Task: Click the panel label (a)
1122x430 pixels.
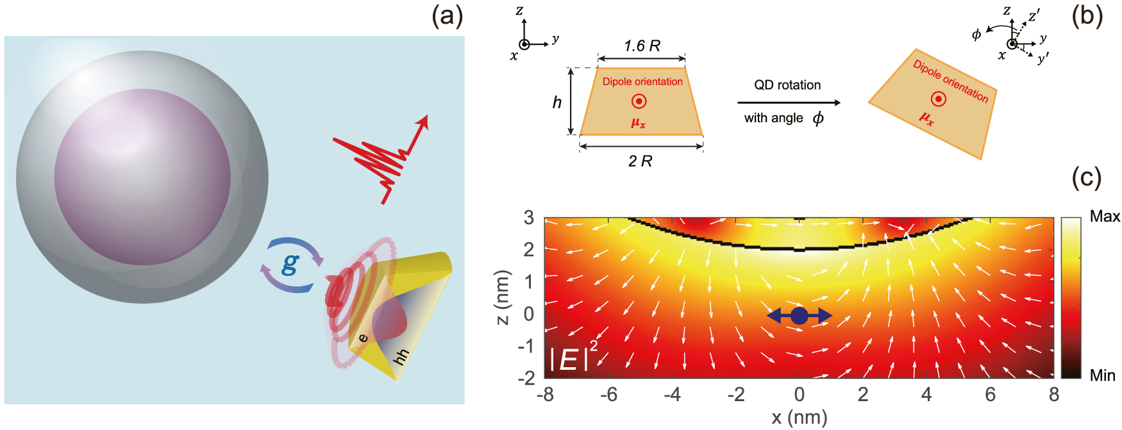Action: coord(447,16)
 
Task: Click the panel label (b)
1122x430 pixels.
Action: coord(1087,16)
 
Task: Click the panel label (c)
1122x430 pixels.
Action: coord(1086,178)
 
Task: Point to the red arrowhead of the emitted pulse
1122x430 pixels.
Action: coord(422,122)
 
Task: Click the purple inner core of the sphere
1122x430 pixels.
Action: coord(142,177)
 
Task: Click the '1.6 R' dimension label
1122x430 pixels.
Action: coord(642,45)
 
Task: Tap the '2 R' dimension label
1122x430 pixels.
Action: coord(640,161)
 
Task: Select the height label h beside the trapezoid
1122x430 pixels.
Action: coord(557,102)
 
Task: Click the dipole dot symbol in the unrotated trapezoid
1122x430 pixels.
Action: coord(639,101)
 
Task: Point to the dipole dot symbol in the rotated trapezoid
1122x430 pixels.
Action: coord(938,99)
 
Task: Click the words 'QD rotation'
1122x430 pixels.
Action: coord(787,85)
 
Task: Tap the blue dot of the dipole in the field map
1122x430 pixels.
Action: coord(799,315)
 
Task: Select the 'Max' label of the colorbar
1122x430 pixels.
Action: coord(1105,217)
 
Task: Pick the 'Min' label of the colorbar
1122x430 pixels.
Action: coord(1103,376)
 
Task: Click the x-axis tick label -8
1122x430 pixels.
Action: coord(545,395)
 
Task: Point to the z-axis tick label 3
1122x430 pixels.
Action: coord(529,218)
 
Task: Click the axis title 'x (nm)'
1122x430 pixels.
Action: coord(799,418)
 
